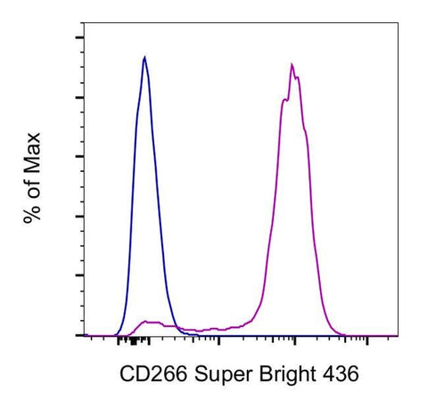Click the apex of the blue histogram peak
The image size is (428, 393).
pos(144,57)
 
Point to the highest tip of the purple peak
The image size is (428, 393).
pos(292,64)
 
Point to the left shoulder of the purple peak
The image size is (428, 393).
pos(283,100)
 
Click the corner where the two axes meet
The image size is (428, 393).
pos(84,336)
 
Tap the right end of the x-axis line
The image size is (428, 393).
pos(397,336)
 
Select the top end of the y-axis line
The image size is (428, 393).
pos(84,24)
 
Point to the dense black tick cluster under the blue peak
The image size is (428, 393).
pos(134,340)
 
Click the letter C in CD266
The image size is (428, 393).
pos(125,370)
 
